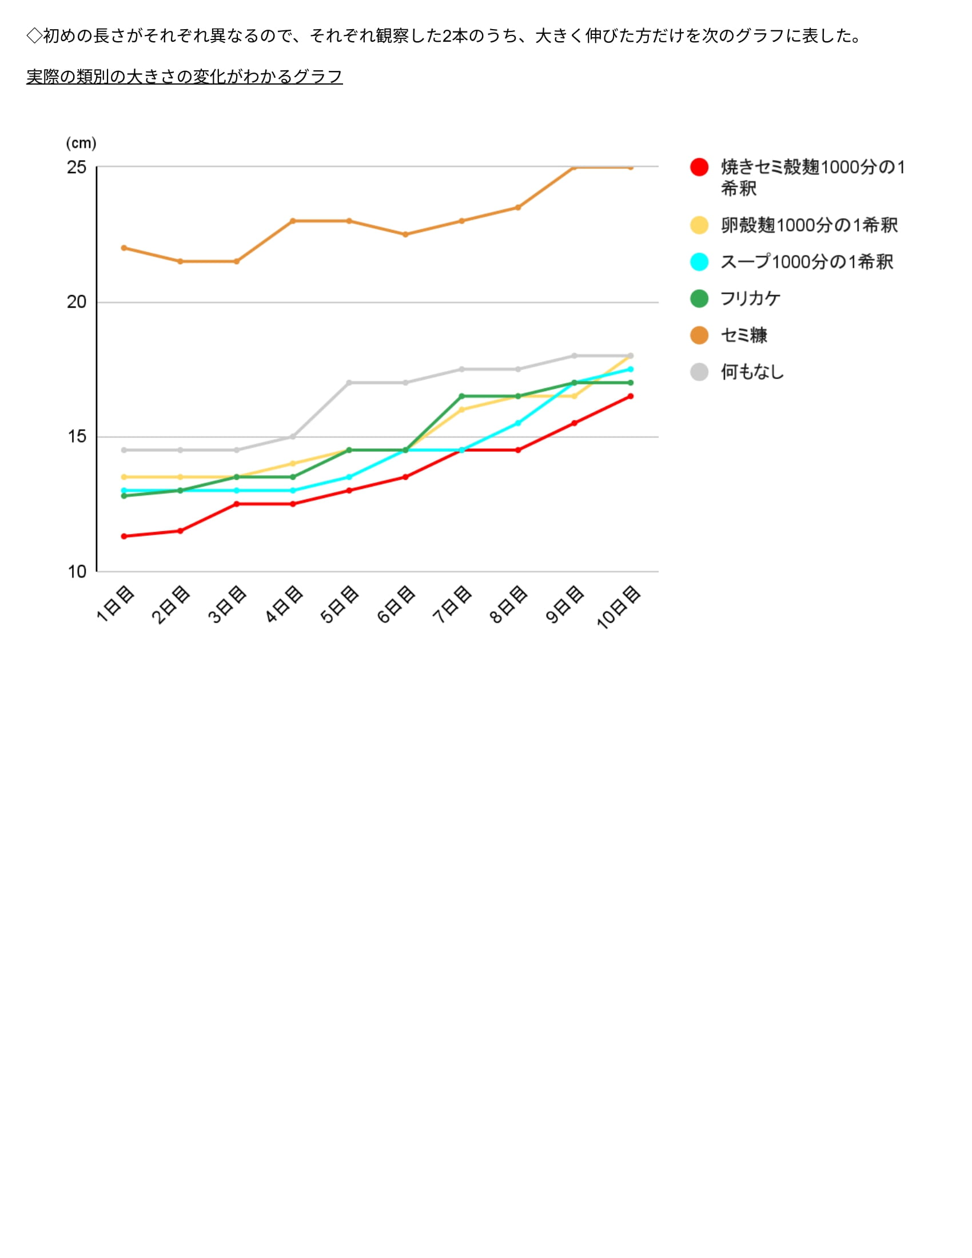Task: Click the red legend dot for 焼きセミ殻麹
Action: pos(699,167)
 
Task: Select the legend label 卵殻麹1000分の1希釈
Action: pos(809,225)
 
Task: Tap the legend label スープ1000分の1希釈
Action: pos(807,262)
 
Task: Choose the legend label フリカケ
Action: pos(751,298)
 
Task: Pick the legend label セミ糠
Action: pos(744,335)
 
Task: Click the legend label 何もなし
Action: pos(752,372)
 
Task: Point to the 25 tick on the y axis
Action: pos(77,168)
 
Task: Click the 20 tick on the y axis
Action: pos(77,302)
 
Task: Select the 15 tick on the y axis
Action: pos(77,437)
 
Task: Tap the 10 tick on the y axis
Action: pos(77,572)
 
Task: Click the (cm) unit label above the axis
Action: pos(81,143)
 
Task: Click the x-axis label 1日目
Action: pos(115,604)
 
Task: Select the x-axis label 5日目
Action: pos(340,604)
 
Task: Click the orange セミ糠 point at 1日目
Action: pos(124,248)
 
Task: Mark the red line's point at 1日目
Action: pos(124,536)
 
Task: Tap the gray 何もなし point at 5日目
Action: pos(349,383)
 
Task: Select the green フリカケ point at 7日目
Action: pos(461,396)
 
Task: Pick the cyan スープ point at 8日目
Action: pos(517,423)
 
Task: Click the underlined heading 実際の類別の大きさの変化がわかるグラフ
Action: pos(184,77)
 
